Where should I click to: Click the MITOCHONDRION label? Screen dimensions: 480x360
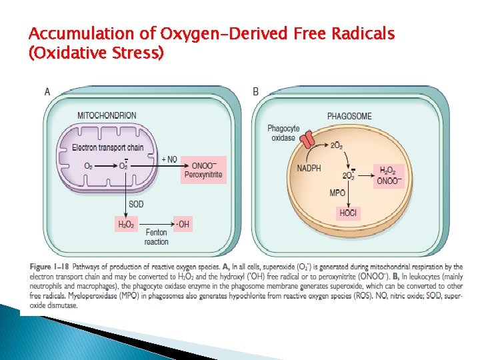pos(107,115)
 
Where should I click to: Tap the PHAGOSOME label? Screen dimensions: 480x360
pos(349,116)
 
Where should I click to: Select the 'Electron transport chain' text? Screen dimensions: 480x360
pos(107,147)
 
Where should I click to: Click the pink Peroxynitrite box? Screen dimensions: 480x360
pos(203,171)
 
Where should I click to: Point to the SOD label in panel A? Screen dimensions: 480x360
pos(136,203)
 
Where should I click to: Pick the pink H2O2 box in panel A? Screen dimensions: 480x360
pos(126,225)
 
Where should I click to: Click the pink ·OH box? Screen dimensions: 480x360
pos(182,225)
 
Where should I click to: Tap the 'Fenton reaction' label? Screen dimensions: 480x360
pos(157,237)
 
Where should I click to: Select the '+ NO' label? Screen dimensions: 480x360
pos(169,159)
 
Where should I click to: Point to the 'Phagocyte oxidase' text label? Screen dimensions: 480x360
pos(283,133)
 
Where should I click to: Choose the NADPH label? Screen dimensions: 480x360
pos(309,168)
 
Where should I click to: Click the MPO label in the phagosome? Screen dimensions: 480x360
pos(337,193)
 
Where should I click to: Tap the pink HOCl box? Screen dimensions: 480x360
pos(348,213)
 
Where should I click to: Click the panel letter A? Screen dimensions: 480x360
pos(47,91)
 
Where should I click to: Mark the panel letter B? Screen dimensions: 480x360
pos(256,91)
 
